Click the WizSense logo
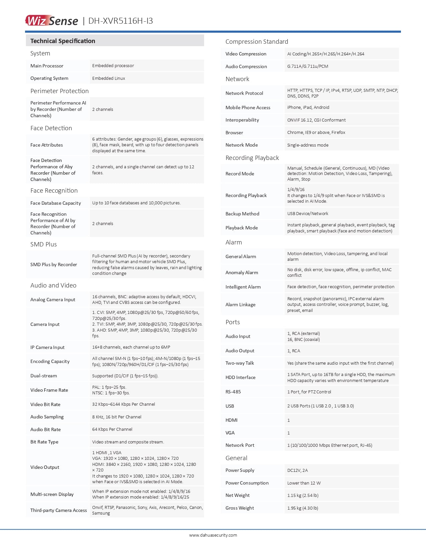click(x=51, y=21)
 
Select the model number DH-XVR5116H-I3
click(x=121, y=21)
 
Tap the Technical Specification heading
click(x=63, y=41)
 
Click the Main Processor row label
click(x=47, y=66)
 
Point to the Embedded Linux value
click(x=109, y=78)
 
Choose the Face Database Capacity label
click(x=55, y=203)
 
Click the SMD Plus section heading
click(x=43, y=244)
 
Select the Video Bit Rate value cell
click(x=124, y=404)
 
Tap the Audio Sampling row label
click(x=47, y=417)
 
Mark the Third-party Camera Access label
click(x=58, y=510)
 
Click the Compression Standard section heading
click(x=257, y=42)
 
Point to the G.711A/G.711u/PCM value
click(x=308, y=66)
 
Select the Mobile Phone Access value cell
click(x=308, y=108)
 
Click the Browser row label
click(x=234, y=133)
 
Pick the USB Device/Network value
click(x=308, y=214)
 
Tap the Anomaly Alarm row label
click(x=242, y=272)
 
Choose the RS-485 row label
click(x=233, y=392)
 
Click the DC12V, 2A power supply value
click(x=297, y=471)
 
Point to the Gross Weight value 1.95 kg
click(x=303, y=508)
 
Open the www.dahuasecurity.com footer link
click(x=213, y=535)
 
